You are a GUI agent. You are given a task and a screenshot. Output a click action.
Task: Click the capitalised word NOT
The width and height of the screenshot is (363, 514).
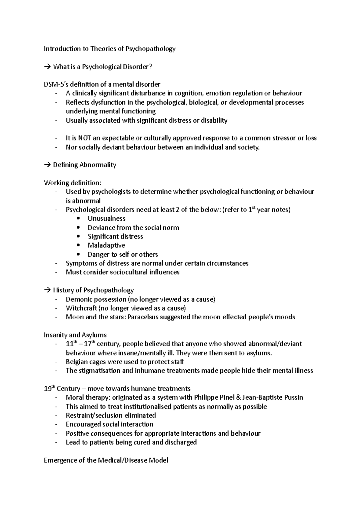click(84, 138)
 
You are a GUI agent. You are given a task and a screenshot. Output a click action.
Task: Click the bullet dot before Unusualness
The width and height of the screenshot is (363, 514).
click(79, 219)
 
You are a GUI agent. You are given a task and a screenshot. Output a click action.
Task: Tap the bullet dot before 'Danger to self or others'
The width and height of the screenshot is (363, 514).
click(79, 254)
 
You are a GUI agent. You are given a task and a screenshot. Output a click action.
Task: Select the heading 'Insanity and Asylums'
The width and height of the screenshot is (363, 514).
click(75, 335)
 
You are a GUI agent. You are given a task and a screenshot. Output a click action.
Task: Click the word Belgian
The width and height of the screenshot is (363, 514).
click(76, 362)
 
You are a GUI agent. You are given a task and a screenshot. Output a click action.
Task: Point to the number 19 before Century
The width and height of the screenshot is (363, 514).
click(47, 389)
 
